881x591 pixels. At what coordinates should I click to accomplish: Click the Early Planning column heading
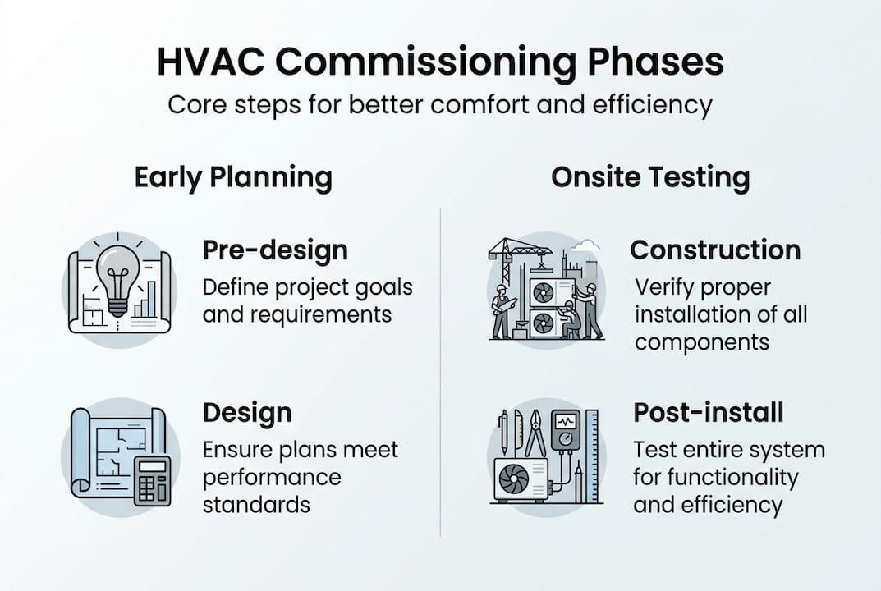click(233, 177)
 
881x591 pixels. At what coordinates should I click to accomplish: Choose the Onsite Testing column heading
click(649, 177)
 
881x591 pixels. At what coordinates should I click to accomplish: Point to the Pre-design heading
click(275, 250)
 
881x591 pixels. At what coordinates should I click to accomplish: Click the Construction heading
click(715, 250)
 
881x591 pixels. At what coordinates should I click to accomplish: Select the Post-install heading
click(708, 412)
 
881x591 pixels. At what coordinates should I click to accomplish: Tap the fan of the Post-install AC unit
click(516, 479)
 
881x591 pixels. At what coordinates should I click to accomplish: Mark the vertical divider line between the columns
click(441, 369)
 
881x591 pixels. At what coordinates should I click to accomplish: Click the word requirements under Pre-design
click(296, 314)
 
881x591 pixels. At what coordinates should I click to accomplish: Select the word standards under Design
click(256, 504)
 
